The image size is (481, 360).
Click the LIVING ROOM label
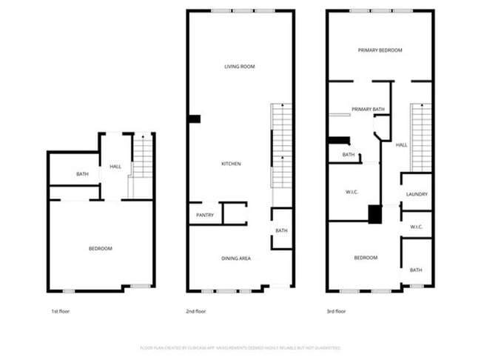(240, 67)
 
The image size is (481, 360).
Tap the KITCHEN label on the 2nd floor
(232, 164)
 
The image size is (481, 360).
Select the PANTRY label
(205, 216)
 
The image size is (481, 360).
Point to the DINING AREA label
(236, 258)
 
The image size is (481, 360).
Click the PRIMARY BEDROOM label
(380, 50)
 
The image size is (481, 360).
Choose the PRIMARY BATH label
(368, 110)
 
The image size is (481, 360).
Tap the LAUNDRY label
(417, 194)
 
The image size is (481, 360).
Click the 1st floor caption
(60, 312)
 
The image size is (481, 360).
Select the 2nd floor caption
(195, 312)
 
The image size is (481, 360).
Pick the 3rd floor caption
(336, 312)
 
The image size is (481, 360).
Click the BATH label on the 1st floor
(82, 174)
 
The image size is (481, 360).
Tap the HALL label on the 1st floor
(115, 167)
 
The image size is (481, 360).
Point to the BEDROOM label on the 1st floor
(100, 248)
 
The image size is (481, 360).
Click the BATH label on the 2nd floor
(281, 230)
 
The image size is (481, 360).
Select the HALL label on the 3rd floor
(400, 144)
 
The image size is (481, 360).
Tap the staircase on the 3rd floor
(421, 137)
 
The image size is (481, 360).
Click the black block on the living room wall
(195, 119)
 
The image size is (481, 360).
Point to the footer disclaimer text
(240, 347)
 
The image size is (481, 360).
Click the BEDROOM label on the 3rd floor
(366, 258)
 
